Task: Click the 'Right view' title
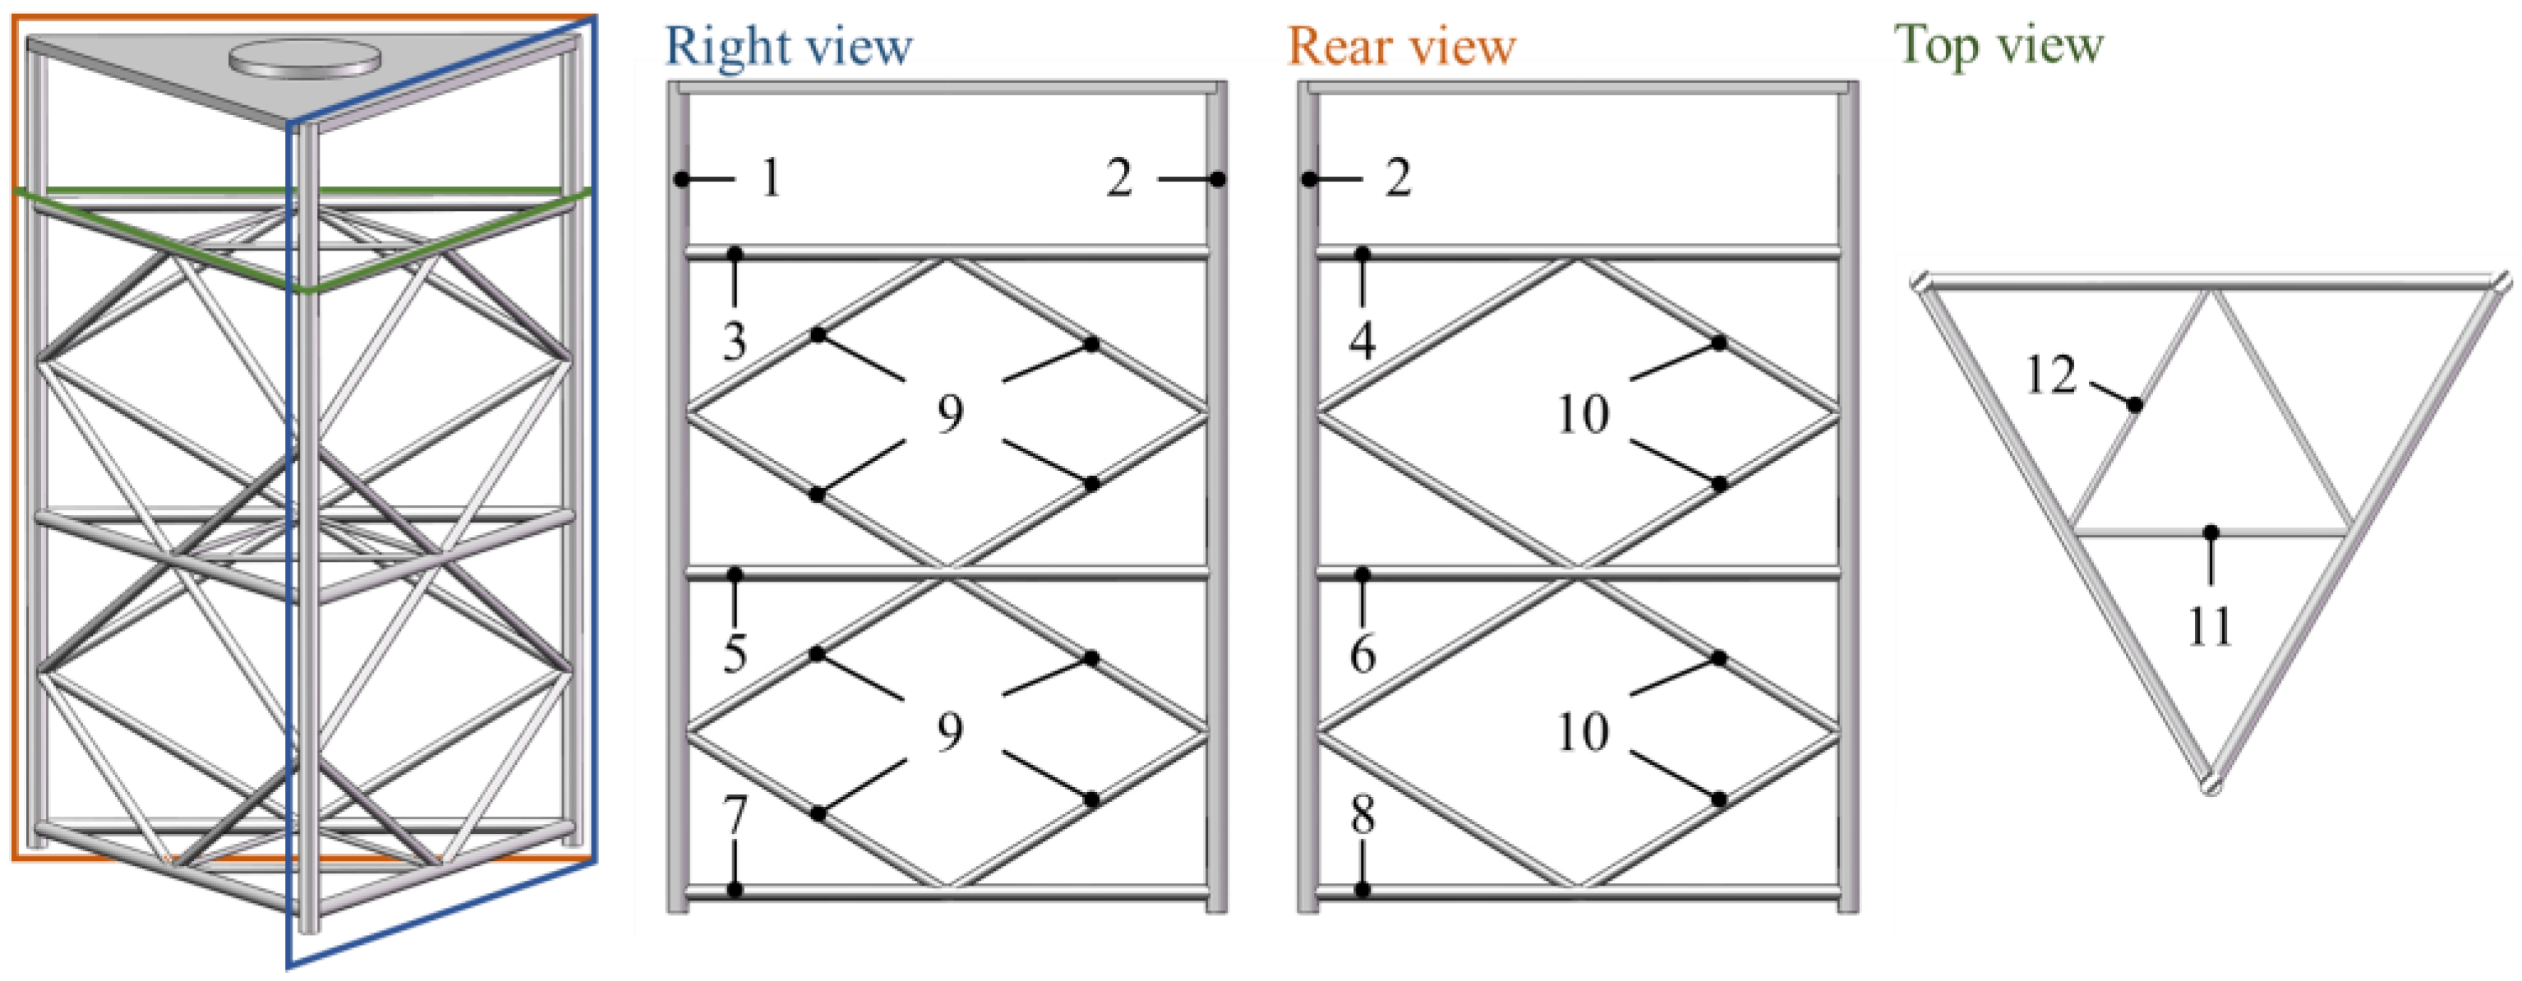pyautogui.click(x=788, y=47)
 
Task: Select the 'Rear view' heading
pyautogui.click(x=1401, y=47)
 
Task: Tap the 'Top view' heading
pyautogui.click(x=1999, y=45)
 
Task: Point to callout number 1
pyautogui.click(x=772, y=178)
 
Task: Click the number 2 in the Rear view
pyautogui.click(x=1398, y=178)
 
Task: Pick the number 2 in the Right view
pyautogui.click(x=1120, y=178)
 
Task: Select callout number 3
pyautogui.click(x=735, y=341)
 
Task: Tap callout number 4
pyautogui.click(x=1362, y=341)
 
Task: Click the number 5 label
pyautogui.click(x=735, y=654)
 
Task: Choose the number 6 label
pyautogui.click(x=1362, y=654)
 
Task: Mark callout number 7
pyautogui.click(x=735, y=814)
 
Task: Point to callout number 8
pyautogui.click(x=1362, y=814)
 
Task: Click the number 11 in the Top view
pyautogui.click(x=2210, y=627)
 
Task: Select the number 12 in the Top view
pyautogui.click(x=2050, y=375)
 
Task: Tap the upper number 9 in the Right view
pyautogui.click(x=950, y=413)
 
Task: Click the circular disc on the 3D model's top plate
pyautogui.click(x=305, y=58)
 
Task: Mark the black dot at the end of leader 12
pyautogui.click(x=2135, y=404)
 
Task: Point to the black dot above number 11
pyautogui.click(x=2211, y=532)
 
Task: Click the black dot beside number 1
pyautogui.click(x=681, y=179)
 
